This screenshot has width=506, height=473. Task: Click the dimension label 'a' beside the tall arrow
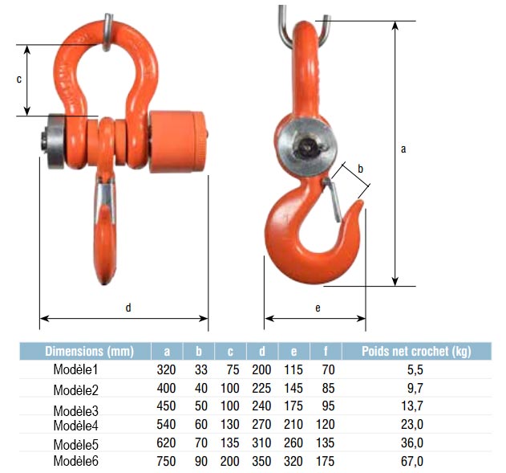403,149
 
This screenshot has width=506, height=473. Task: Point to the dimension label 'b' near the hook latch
361,169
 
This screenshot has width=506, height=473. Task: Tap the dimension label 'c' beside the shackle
19,80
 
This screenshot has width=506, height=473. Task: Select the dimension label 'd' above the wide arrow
128,308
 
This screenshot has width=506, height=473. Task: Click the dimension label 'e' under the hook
318,308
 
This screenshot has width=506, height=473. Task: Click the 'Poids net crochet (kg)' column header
416,351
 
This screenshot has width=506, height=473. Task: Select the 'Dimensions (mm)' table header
89,351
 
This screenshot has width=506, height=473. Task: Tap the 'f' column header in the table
326,351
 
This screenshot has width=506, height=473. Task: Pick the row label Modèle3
76,410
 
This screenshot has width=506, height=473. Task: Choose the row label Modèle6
76,461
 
